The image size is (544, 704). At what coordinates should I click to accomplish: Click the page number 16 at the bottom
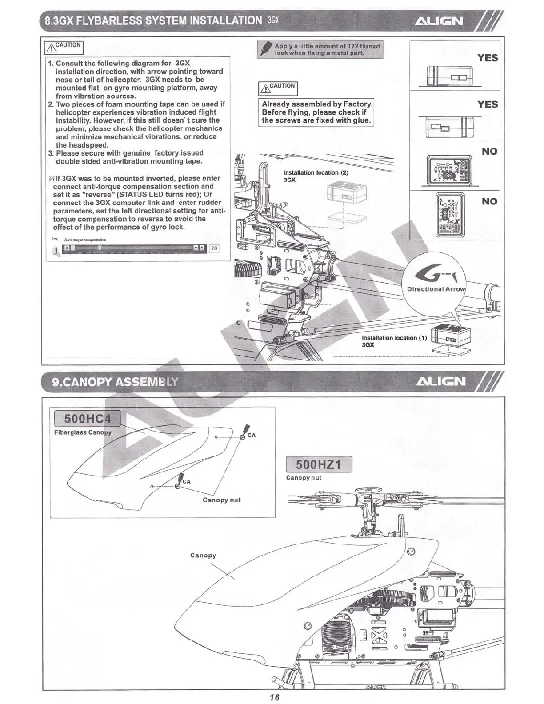click(274, 697)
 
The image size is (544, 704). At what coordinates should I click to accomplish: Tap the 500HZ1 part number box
click(318, 464)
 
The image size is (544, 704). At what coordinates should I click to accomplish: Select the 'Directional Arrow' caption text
click(436, 289)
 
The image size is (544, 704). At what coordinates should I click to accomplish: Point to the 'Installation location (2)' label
click(316, 172)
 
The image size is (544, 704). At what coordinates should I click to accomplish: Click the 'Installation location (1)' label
click(394, 338)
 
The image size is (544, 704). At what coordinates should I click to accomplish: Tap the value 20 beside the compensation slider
click(214, 248)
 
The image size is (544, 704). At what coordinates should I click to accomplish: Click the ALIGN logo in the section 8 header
click(438, 21)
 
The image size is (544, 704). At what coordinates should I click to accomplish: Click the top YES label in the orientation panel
click(488, 58)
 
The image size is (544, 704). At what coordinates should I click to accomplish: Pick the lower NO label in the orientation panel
click(489, 201)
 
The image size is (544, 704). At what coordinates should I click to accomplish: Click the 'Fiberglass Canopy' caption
click(83, 432)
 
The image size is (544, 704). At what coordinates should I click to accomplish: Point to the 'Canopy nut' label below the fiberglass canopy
click(221, 500)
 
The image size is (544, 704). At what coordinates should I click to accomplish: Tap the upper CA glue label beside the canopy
click(252, 435)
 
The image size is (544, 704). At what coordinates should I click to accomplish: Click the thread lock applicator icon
click(265, 49)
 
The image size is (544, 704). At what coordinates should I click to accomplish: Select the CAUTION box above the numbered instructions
click(64, 47)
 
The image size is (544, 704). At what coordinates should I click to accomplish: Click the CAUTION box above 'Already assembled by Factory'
click(277, 87)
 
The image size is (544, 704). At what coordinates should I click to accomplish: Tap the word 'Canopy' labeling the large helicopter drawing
click(203, 555)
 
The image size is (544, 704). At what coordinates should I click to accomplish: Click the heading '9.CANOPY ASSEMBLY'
click(115, 382)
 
